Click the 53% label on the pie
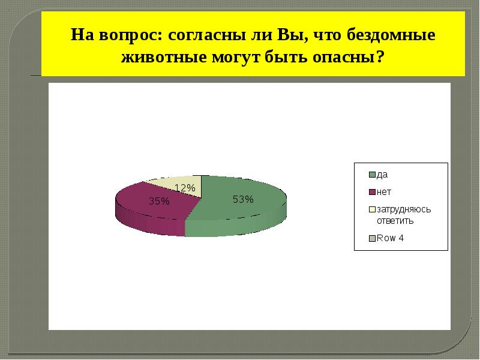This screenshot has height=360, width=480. pyautogui.click(x=244, y=200)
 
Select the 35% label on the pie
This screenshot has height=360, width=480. pyautogui.click(x=159, y=202)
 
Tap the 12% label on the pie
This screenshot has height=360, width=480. pyautogui.click(x=185, y=188)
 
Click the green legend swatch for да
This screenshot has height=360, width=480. pyautogui.click(x=372, y=175)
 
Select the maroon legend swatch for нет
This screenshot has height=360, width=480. pyautogui.click(x=372, y=192)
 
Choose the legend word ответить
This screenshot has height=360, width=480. pyautogui.click(x=395, y=220)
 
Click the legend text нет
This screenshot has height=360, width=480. pyautogui.click(x=383, y=192)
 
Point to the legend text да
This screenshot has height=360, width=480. pyautogui.click(x=382, y=175)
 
